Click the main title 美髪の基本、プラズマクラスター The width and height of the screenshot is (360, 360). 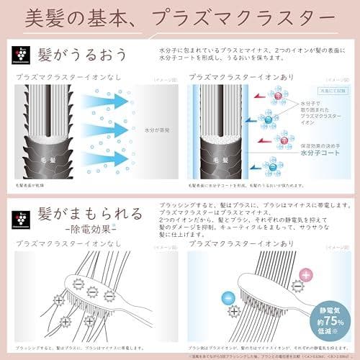tap(180, 17)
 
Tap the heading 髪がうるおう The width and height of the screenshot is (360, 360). tap(84, 55)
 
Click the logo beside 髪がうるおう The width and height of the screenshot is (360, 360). tap(22, 54)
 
